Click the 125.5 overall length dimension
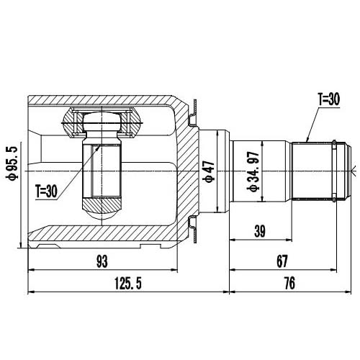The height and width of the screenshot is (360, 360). point(127,284)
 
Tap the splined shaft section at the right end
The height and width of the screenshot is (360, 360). point(317,170)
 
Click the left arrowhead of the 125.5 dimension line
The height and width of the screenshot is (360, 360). point(29,292)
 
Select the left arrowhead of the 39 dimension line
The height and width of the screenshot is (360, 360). point(232,238)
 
